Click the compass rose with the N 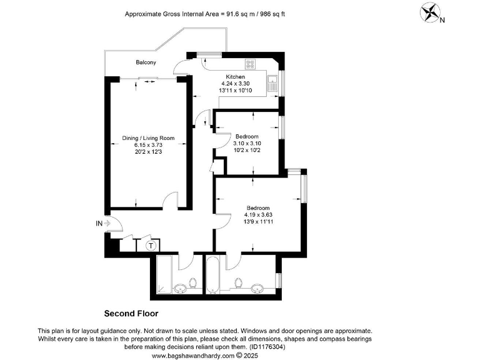click(x=431, y=13)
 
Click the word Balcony click(x=146, y=62)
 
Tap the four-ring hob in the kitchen click(x=252, y=63)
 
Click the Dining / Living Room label click(x=148, y=138)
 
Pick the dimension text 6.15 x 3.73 click(x=147, y=145)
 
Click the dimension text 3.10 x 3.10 click(x=246, y=143)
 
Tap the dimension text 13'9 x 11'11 click(x=257, y=221)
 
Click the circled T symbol click(x=151, y=246)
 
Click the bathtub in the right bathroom click(x=212, y=274)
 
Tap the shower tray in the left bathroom click(x=165, y=274)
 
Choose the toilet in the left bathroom click(x=194, y=285)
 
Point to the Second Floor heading click(x=131, y=313)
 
